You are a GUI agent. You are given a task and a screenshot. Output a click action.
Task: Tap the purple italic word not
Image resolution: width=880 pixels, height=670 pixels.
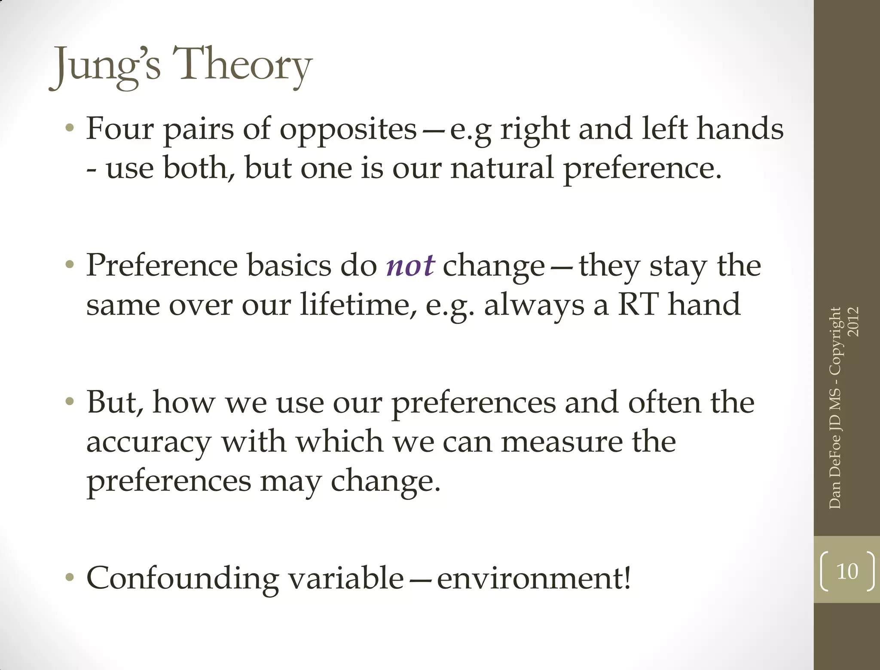pyautogui.click(x=410, y=266)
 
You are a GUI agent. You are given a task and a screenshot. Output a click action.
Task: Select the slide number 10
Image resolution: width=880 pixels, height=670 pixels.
pyautogui.click(x=847, y=572)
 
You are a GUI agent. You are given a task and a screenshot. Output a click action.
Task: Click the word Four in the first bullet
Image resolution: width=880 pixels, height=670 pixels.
pyautogui.click(x=120, y=128)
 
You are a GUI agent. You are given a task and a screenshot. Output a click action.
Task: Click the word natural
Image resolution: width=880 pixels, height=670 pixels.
pyautogui.click(x=502, y=168)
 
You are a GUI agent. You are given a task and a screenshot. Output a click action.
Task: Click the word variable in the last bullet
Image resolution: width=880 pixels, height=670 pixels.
pyautogui.click(x=346, y=578)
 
